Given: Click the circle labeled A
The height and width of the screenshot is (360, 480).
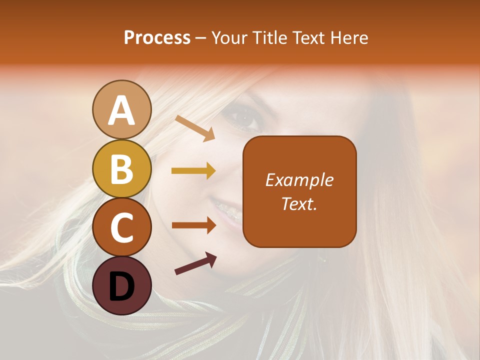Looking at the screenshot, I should pos(121,110).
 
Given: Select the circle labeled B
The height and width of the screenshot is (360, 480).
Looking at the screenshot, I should pos(121,168).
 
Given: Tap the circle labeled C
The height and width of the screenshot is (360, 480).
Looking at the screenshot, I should pos(121,227).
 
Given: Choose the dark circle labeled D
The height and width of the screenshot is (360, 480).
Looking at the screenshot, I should pos(121,285).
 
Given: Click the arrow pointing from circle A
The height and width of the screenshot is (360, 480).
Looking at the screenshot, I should pos(195,128).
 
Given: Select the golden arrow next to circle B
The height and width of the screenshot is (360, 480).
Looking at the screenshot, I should pos(193,171).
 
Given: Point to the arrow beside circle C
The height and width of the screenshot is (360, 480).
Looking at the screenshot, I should pos(193,225).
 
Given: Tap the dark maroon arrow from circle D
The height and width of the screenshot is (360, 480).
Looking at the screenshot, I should pos(195,264).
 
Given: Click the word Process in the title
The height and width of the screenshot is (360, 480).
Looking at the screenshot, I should pos(157,37).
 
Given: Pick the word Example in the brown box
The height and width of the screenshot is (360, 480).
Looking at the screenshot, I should pos(299,180).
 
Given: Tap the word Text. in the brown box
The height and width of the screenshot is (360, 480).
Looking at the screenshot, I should pos(299,203).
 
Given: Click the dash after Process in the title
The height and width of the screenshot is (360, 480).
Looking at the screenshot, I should pos(201,38).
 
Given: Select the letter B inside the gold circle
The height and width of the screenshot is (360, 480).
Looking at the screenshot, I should pos(121,169).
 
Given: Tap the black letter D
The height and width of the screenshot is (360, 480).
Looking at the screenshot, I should pos(121,286).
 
